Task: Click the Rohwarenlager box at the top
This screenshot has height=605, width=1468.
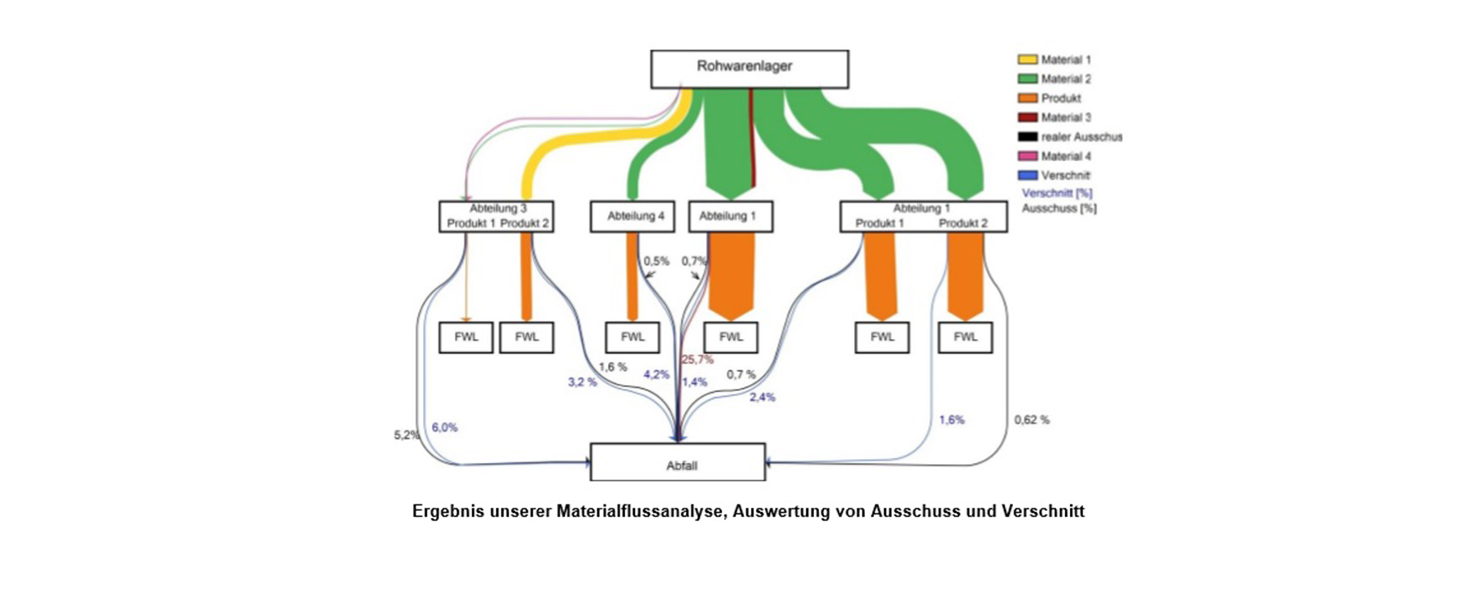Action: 750,69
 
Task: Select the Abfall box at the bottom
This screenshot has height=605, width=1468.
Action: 678,462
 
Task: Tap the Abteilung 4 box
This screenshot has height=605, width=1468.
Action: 632,216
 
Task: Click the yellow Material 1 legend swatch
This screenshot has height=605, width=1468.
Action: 1028,60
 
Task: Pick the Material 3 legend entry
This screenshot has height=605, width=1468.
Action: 1055,117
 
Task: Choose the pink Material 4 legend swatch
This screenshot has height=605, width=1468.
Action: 1028,156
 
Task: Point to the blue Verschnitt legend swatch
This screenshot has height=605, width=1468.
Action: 1028,176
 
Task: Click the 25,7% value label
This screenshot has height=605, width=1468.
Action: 698,360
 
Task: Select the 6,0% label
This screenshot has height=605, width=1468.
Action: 444,428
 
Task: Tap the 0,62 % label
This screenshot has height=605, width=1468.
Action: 1032,420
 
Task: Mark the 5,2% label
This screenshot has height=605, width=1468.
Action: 407,435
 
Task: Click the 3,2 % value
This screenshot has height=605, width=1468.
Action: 582,382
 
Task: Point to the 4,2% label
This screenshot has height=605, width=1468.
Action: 656,374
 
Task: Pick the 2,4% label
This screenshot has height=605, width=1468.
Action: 762,397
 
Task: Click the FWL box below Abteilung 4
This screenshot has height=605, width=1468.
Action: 632,337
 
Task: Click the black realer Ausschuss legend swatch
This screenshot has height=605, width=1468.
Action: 1028,137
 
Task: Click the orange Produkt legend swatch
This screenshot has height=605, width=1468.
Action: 1028,98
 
